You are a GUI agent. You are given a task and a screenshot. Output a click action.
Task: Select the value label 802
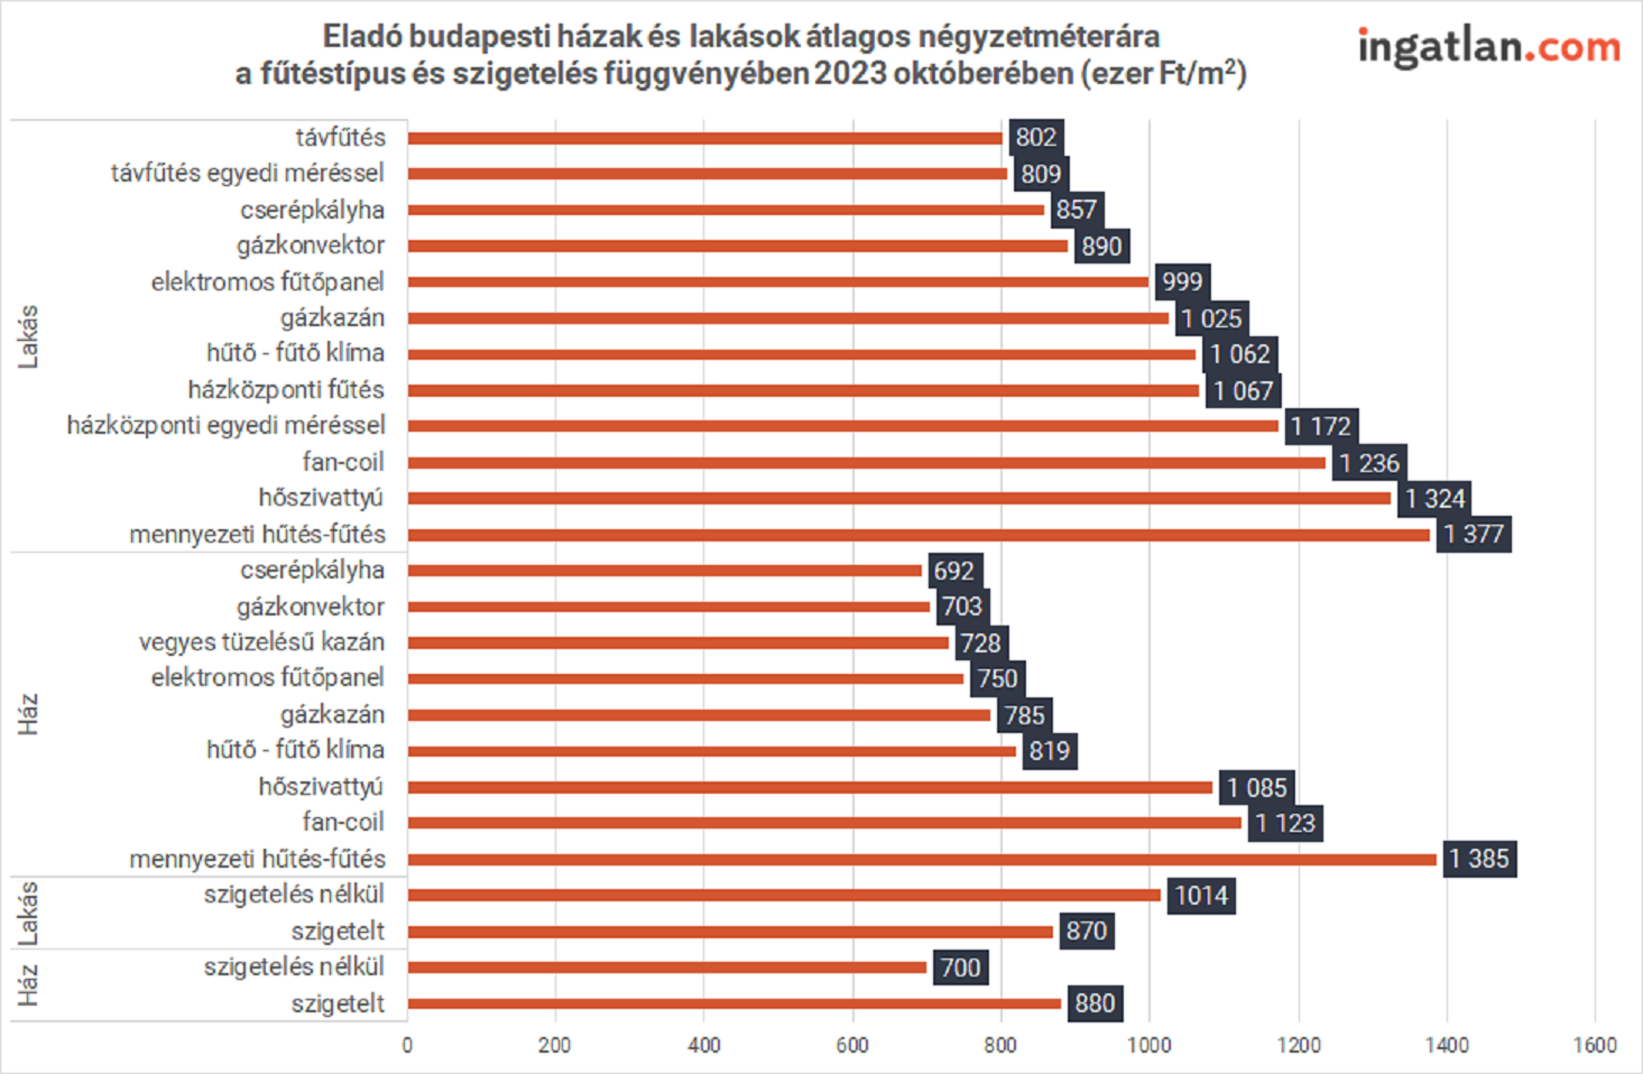coord(1036,137)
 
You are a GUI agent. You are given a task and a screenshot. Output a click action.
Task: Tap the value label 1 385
coord(1479,859)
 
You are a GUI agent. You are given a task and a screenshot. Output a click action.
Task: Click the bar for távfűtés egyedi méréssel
coord(707,174)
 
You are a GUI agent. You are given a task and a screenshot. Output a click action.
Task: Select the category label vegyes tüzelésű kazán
coord(262,642)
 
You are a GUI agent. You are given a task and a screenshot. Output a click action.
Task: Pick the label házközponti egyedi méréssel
coord(226,425)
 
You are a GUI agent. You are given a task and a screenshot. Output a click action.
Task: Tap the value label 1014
coord(1201,895)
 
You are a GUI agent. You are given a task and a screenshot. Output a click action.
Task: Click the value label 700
coord(960,967)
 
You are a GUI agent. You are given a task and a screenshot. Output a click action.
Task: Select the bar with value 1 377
coord(918,535)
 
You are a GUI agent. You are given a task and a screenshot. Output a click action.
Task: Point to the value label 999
coord(1182,281)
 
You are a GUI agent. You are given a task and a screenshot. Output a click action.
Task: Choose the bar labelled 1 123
coord(824,823)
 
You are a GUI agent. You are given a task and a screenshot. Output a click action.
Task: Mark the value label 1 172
coord(1321,426)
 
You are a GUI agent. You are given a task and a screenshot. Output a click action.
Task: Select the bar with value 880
coord(734,1003)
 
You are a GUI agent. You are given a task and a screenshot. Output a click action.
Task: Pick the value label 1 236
coord(1369,462)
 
